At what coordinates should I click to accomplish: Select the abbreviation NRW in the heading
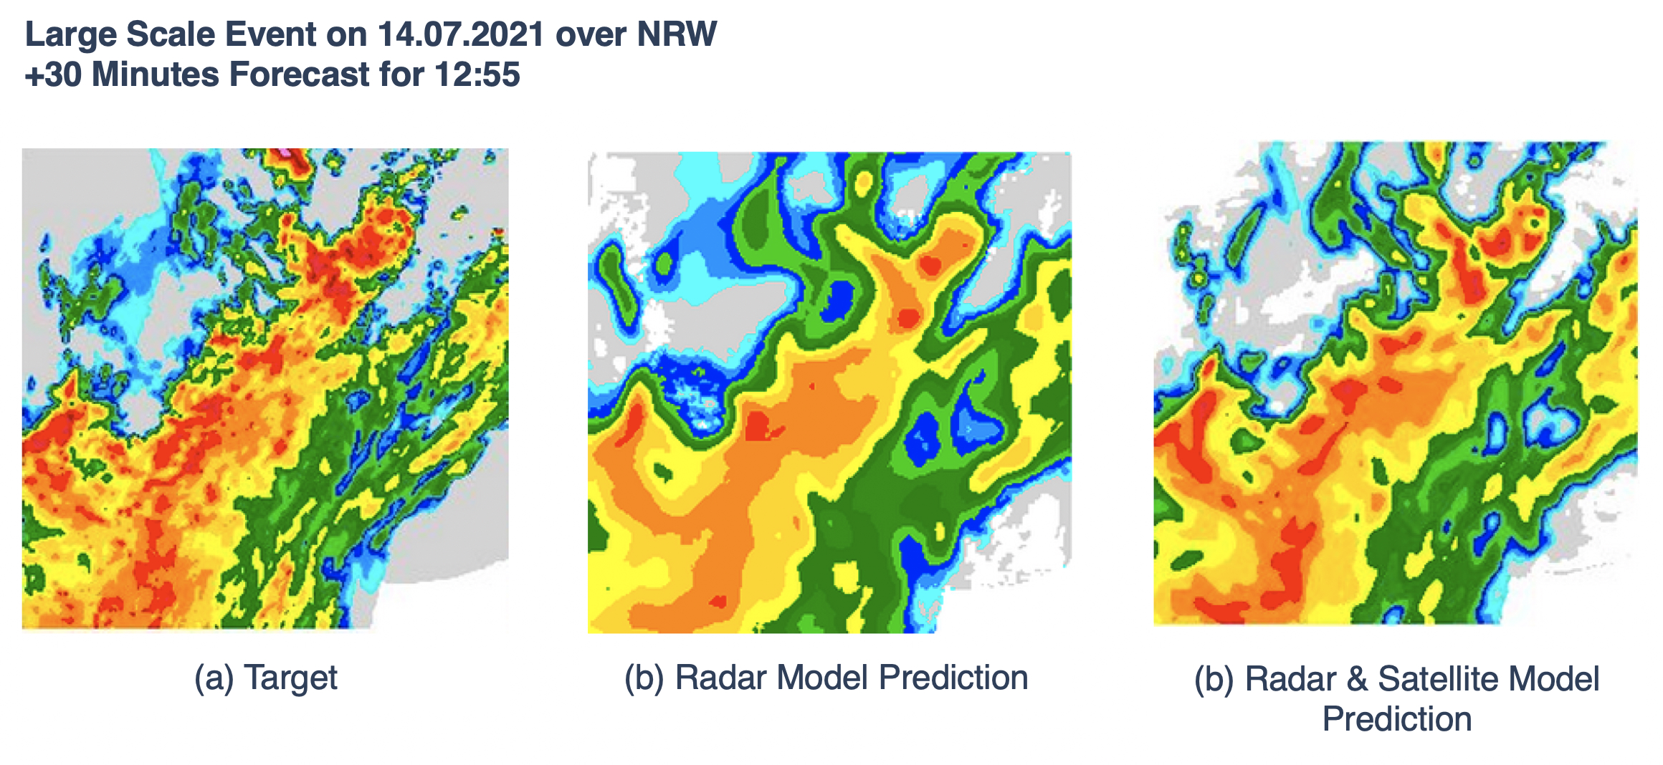pos(677,34)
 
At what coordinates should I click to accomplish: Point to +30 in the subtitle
pos(53,74)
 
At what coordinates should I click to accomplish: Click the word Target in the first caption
pos(290,678)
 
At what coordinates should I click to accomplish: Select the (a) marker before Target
pos(214,678)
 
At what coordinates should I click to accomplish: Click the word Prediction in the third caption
pos(1396,719)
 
